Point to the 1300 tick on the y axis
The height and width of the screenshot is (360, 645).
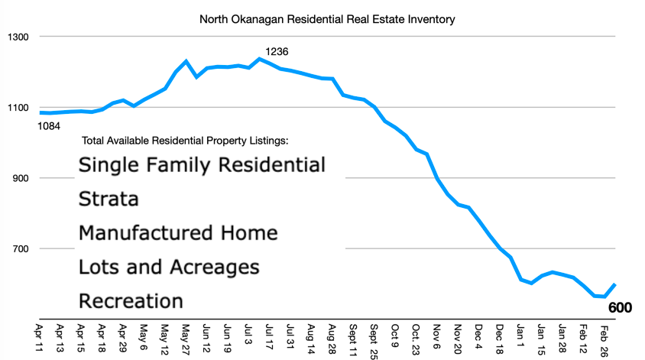(18, 37)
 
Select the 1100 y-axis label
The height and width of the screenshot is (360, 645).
(18, 108)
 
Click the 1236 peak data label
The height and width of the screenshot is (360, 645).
(276, 52)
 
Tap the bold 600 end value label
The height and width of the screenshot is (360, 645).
(621, 308)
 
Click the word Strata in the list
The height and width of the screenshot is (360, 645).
(109, 199)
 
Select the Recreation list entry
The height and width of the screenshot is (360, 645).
(131, 300)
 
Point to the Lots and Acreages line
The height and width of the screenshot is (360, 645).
(169, 267)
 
